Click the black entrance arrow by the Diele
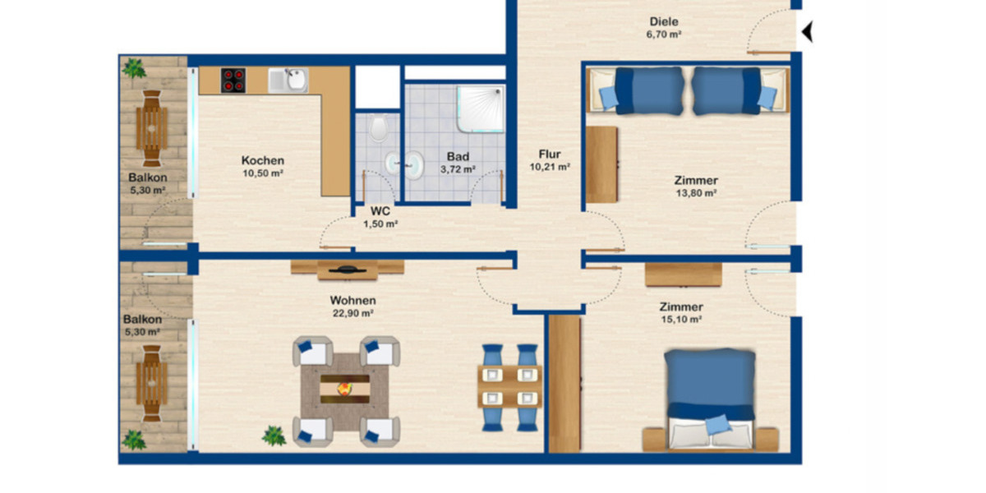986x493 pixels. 808,32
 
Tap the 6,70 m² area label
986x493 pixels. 664,35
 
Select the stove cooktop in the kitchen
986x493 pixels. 234,80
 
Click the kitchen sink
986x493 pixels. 293,80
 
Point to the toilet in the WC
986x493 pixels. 378,129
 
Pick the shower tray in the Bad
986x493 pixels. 480,109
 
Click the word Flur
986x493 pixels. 550,154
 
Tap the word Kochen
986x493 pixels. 263,160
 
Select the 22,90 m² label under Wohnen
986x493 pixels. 353,313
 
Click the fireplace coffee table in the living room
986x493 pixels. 345,385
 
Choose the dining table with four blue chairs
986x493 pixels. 509,386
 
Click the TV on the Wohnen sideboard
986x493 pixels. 347,268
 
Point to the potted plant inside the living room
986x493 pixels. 274,435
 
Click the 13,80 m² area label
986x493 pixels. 696,194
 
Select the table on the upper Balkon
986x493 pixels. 152,127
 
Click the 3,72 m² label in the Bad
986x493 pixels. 458,169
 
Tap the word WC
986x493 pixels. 380,210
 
